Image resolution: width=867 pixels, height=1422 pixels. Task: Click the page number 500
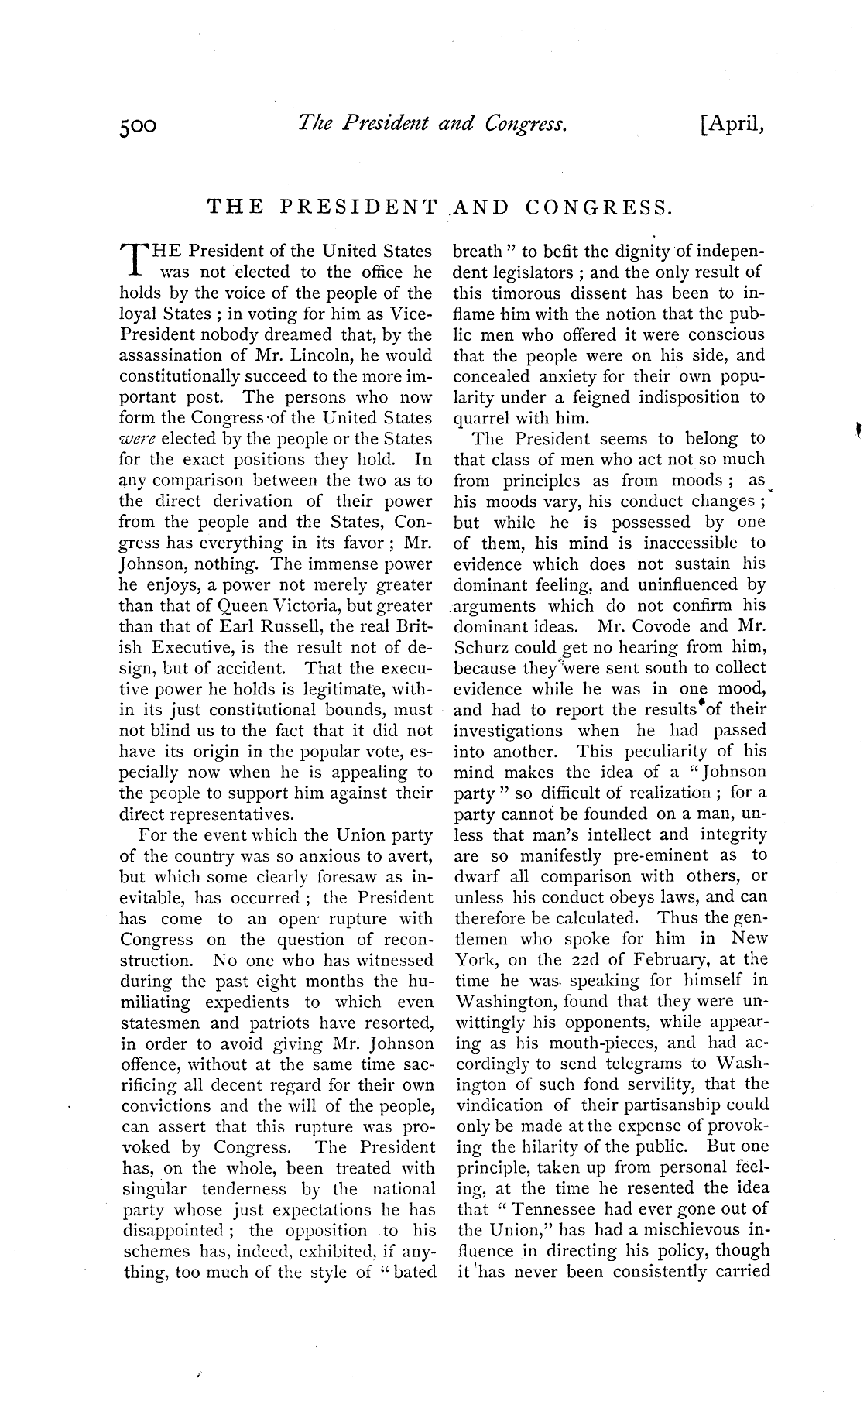click(x=139, y=125)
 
